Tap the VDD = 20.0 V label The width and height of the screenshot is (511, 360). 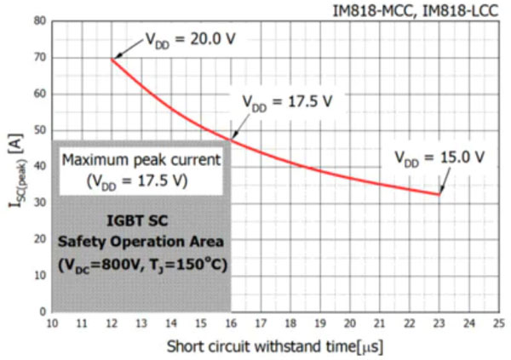coord(181,38)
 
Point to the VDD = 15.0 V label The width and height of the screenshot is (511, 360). coord(439,157)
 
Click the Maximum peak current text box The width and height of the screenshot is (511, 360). coord(141,169)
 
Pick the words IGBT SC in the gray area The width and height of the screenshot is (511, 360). coord(141,219)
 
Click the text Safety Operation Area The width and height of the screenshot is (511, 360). coord(141,241)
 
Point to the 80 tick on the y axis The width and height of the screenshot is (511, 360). coord(39,21)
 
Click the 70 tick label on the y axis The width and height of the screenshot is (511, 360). coord(39,58)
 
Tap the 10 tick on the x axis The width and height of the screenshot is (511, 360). coord(52,323)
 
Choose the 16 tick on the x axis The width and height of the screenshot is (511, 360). coord(231,323)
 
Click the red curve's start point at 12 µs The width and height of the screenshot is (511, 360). coord(112,59)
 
